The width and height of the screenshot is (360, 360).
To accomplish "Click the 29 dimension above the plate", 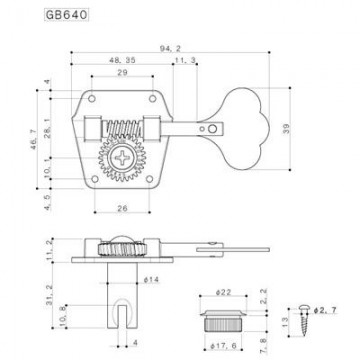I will pos(121,75).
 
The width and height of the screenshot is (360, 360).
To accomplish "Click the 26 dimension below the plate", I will pos(121,207).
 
